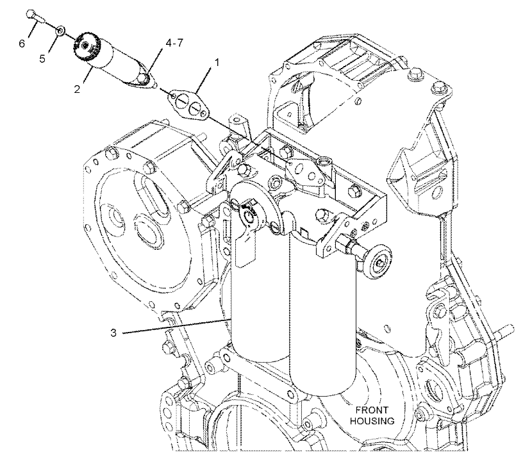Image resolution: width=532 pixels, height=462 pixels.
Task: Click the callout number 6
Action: [22, 43]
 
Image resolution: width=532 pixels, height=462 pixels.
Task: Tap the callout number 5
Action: [44, 58]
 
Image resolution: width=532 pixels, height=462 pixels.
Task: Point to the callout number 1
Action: [217, 63]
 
